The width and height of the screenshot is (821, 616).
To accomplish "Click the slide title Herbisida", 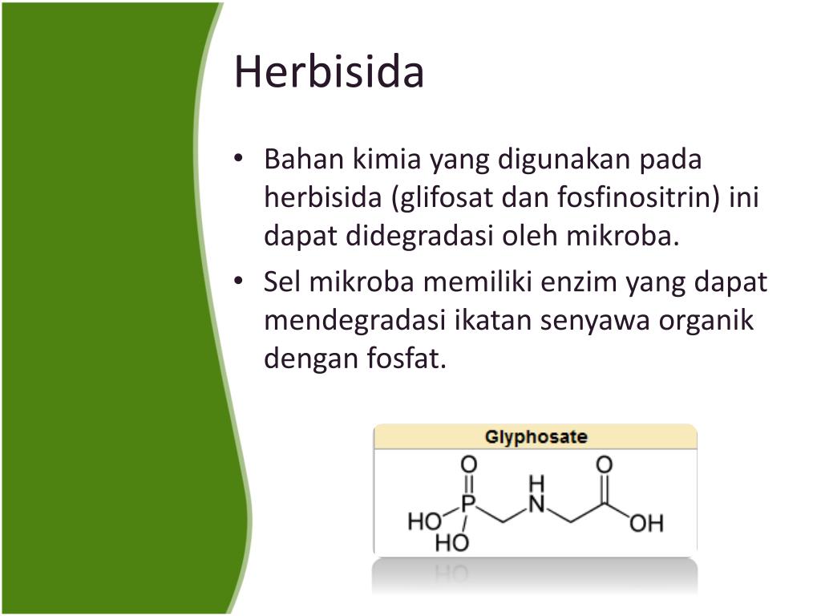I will coord(329,72).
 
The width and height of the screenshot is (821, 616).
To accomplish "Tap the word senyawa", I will coord(594,321).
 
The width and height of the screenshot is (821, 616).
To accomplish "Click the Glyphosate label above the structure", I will coord(536,437).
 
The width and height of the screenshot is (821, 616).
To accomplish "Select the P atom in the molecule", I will coord(469,503).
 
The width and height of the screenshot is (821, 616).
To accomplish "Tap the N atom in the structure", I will coord(536,504).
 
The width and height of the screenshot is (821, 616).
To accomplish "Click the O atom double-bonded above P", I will coord(469,464).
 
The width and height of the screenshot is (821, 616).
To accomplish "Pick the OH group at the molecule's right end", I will coord(646,524).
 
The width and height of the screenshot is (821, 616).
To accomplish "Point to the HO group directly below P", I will coord(451,544).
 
